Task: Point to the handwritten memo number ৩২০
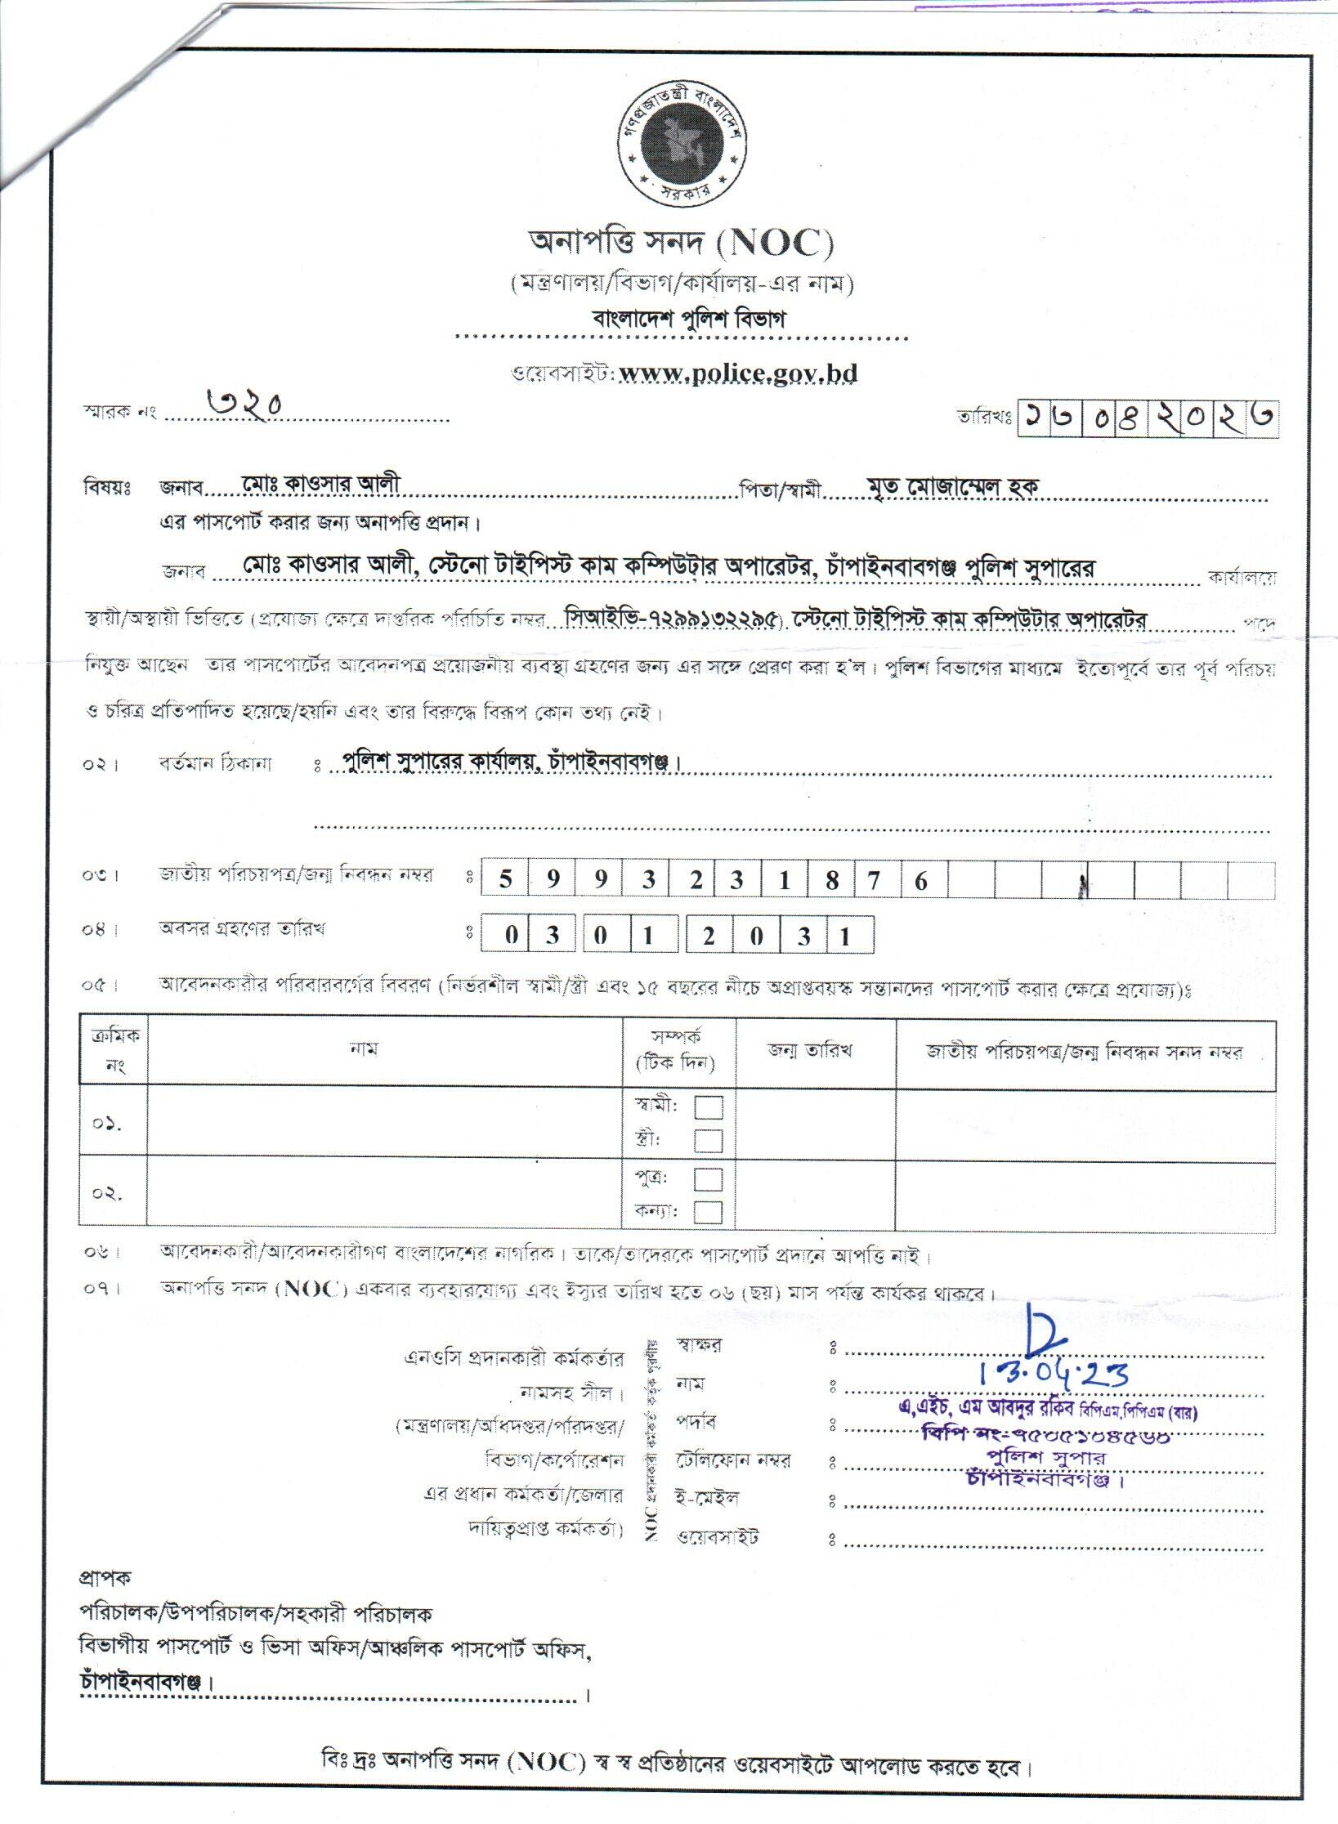point(244,403)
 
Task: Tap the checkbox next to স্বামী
point(708,1107)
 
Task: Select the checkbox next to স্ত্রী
point(708,1140)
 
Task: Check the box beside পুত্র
point(708,1179)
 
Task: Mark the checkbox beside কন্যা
point(708,1211)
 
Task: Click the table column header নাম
point(363,1049)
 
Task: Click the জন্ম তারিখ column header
point(810,1051)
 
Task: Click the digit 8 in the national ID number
point(832,880)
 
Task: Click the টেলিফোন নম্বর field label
point(732,1460)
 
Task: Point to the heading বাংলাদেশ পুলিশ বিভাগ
point(688,319)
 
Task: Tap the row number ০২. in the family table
point(107,1194)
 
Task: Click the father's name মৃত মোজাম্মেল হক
point(953,486)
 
